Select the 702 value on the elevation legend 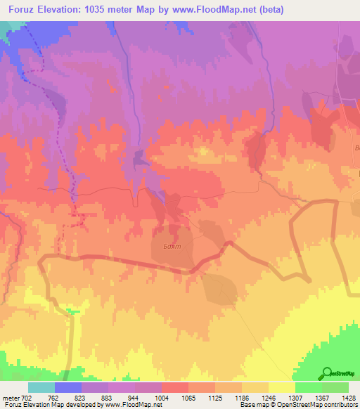pyautogui.click(x=27, y=397)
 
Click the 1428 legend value pyautogui.click(x=348, y=397)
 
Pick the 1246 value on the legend pyautogui.click(x=268, y=397)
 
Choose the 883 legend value pyautogui.click(x=108, y=397)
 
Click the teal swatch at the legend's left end pyautogui.click(x=41, y=387)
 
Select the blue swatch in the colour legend pyautogui.click(x=68, y=387)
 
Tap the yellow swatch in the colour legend pyautogui.click(x=281, y=387)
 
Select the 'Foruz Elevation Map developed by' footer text pyautogui.click(x=52, y=405)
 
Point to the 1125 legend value pyautogui.click(x=214, y=397)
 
